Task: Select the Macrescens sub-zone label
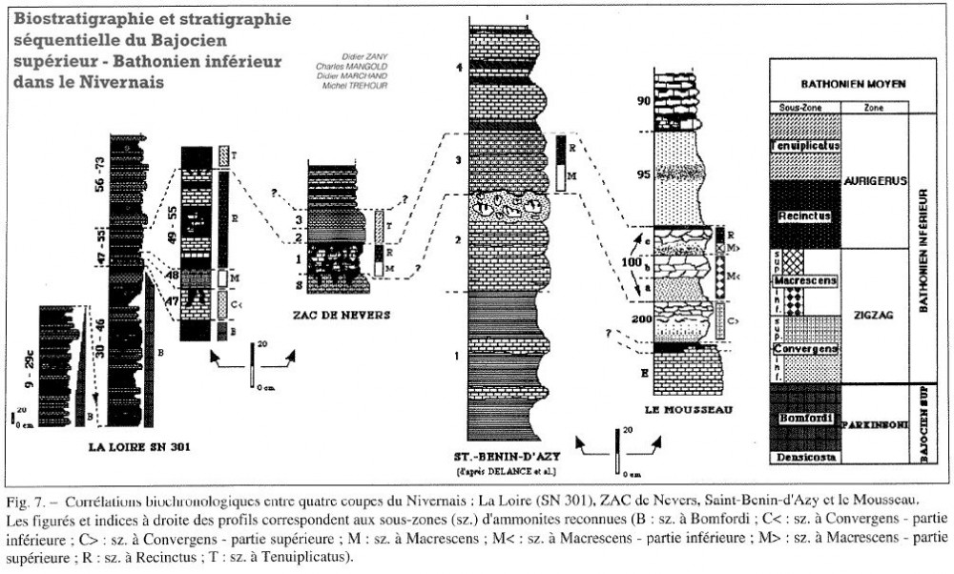807,282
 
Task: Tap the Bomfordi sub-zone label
807,419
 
